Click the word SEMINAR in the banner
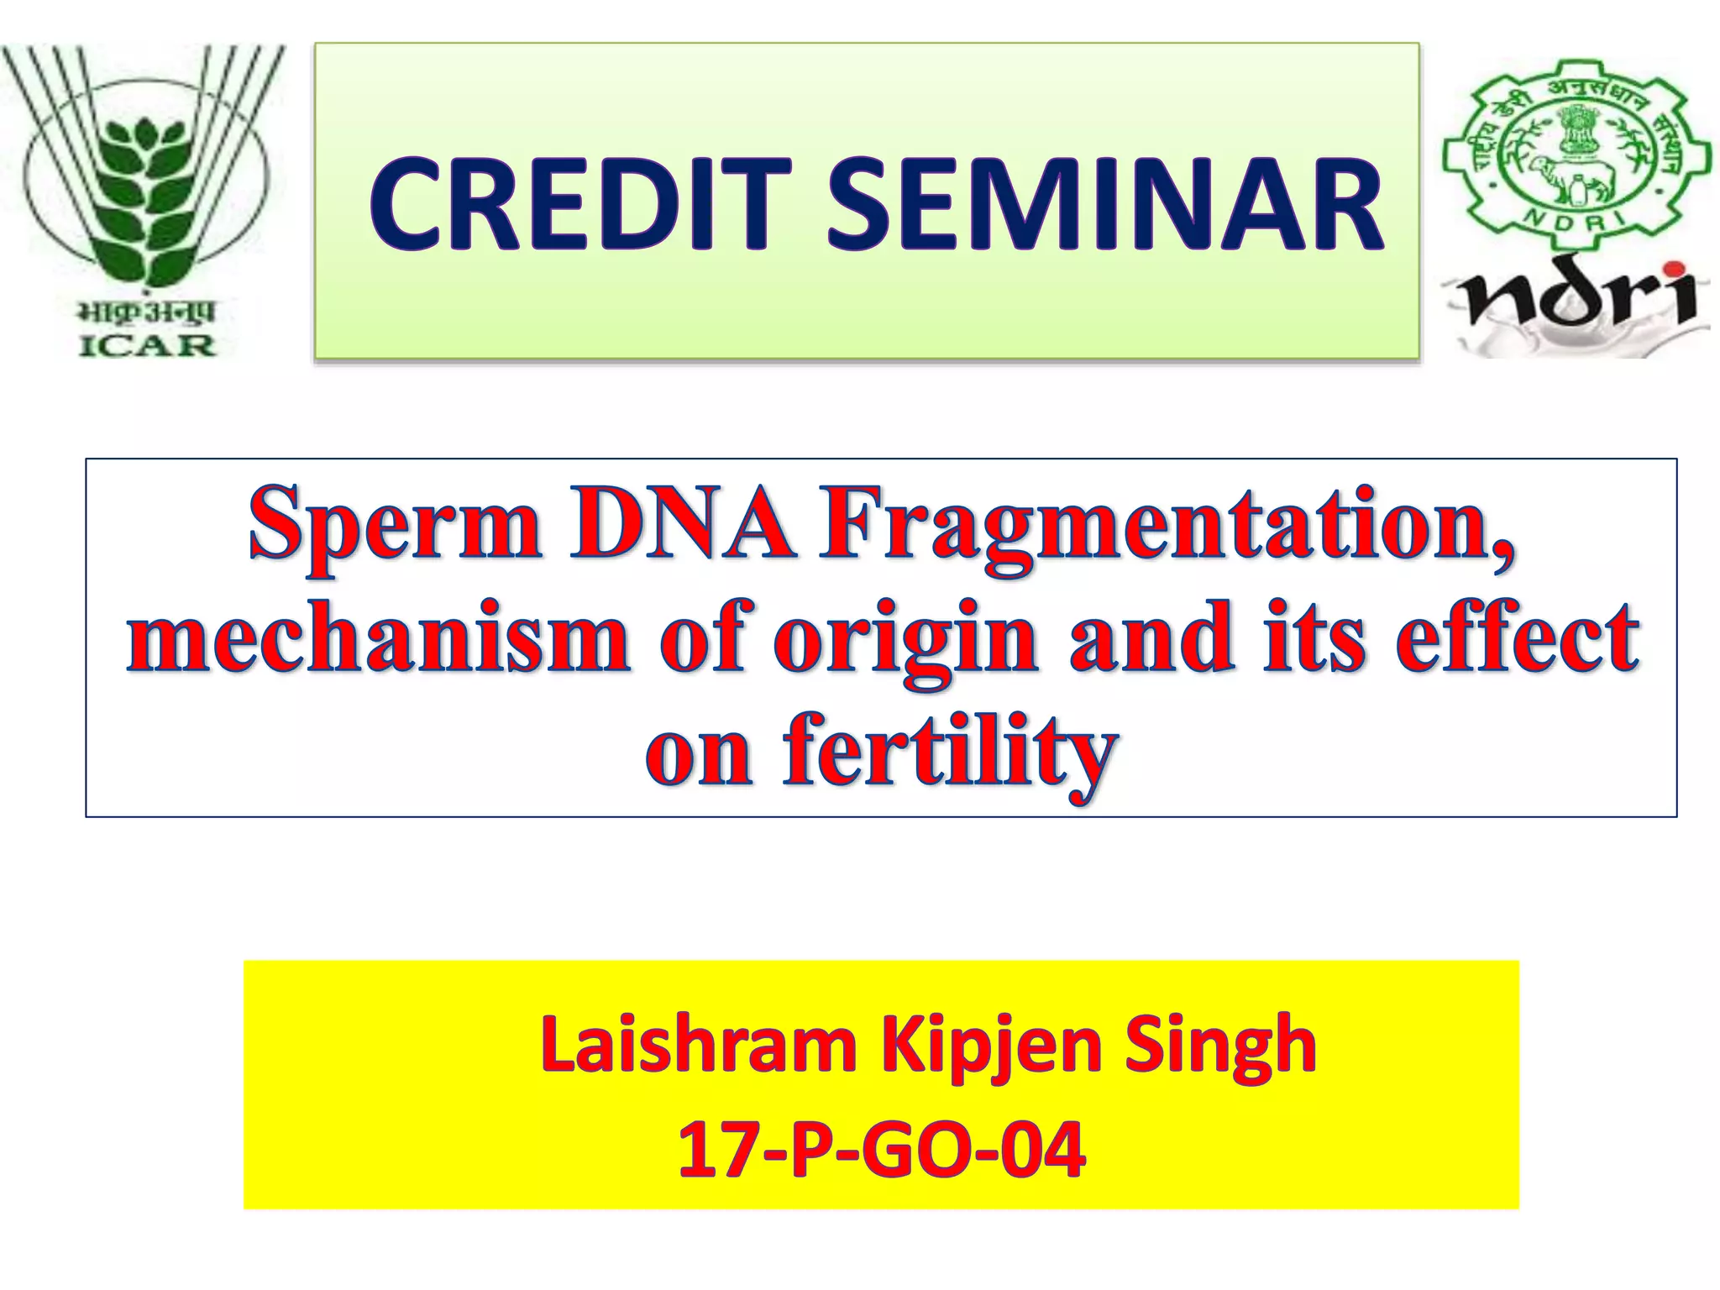click(1104, 206)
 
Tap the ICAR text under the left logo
click(148, 345)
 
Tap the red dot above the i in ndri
click(1676, 270)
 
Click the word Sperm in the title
click(395, 525)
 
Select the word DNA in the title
click(682, 525)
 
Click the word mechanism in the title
click(378, 638)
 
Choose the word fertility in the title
click(949, 752)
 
